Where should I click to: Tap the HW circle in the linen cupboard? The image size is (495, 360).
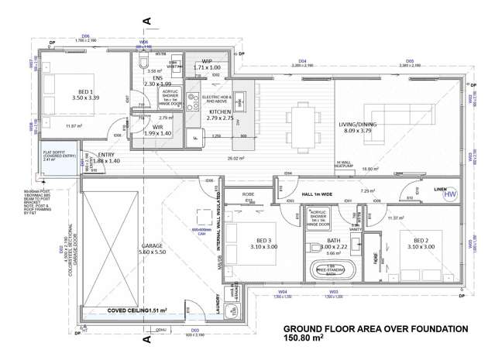(449, 195)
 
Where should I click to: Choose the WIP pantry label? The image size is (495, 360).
(207, 61)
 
